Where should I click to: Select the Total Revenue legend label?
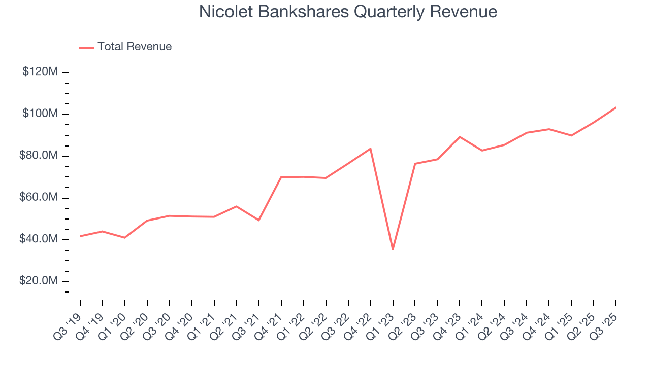coord(135,47)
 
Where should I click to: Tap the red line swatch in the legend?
coord(86,47)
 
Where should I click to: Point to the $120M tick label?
coord(40,72)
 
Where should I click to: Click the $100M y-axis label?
coord(40,114)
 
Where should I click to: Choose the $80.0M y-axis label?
coord(39,156)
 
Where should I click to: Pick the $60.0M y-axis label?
coord(39,197)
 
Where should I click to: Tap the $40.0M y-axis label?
coord(39,239)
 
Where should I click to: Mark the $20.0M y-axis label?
coord(39,281)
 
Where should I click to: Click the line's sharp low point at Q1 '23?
coord(393,249)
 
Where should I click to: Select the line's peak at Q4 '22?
coord(370,149)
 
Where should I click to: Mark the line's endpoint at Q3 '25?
coord(616,107)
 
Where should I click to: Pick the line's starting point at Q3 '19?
coord(80,236)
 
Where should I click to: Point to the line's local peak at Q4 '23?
coord(460,137)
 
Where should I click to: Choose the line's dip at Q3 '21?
coord(259,220)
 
